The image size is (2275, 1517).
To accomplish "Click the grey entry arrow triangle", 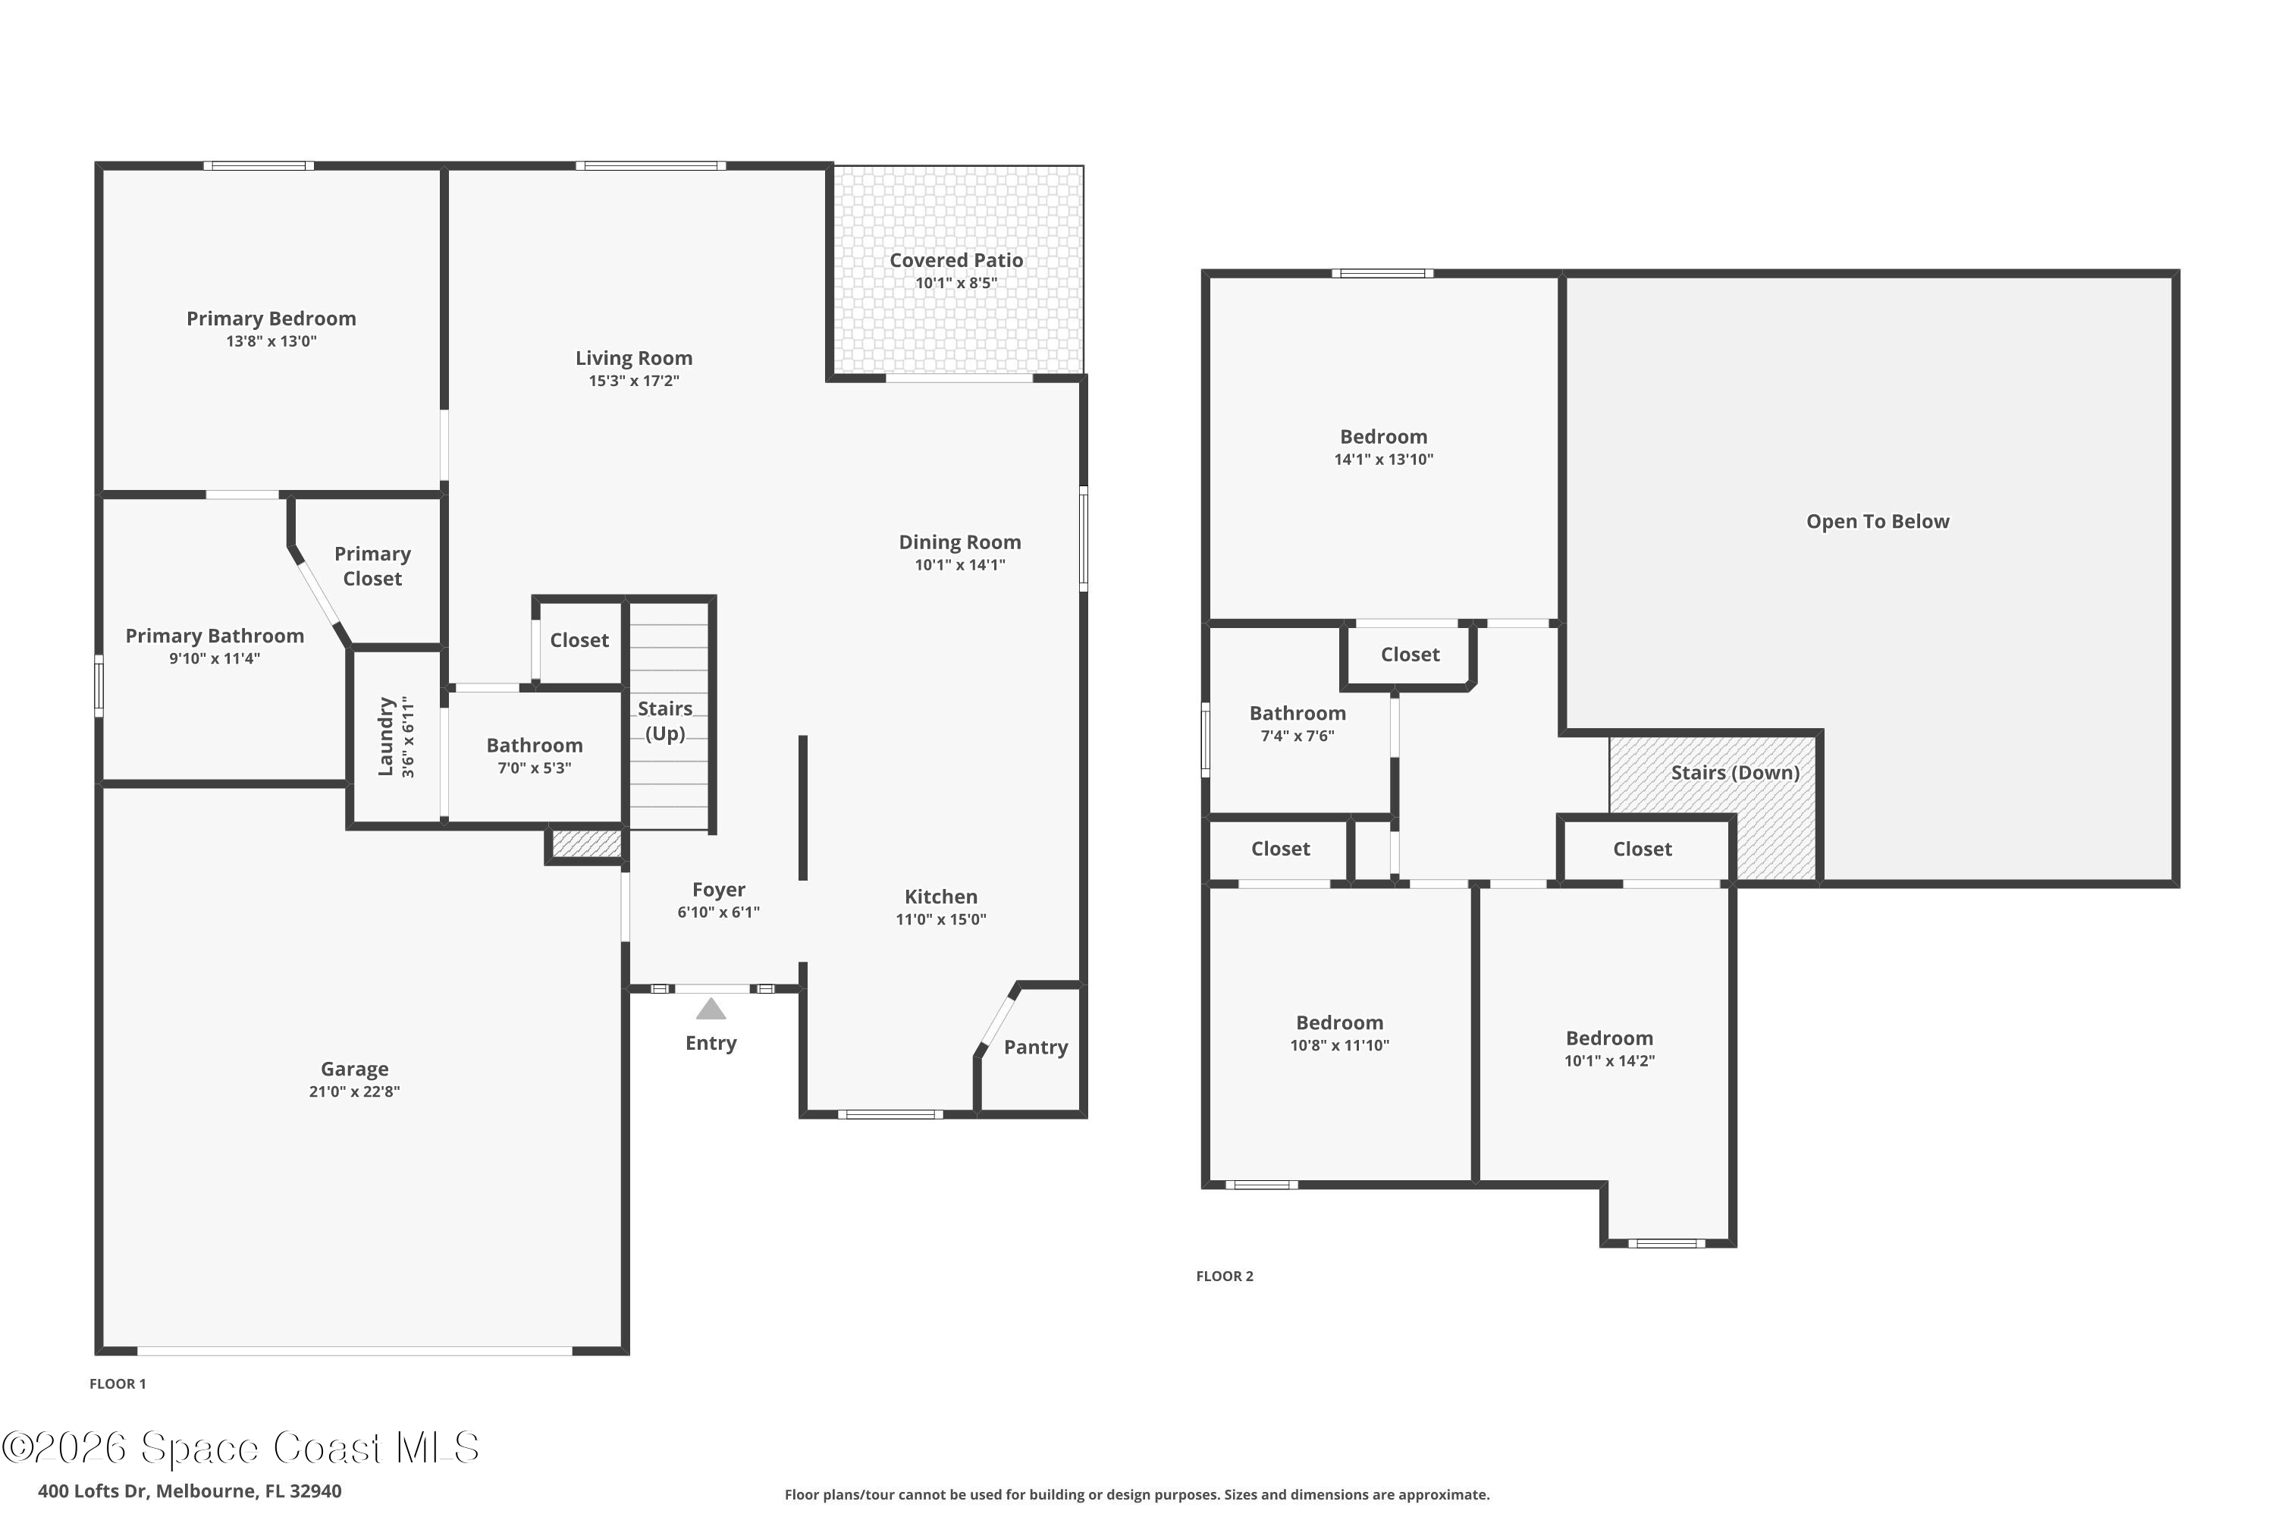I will [x=711, y=1009].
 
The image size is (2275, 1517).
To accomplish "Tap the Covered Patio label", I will [x=955, y=260].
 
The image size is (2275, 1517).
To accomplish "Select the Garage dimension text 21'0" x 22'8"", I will [x=354, y=1091].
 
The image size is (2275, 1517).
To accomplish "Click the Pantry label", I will [x=1035, y=1047].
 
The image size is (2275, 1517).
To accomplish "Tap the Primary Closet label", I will [x=372, y=566].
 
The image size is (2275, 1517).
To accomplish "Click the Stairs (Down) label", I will [x=1734, y=772].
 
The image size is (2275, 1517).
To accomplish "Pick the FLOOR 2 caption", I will [x=1224, y=1276].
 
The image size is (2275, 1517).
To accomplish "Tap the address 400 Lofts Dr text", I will [x=190, y=1491].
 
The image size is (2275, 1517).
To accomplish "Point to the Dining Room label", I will [x=959, y=543].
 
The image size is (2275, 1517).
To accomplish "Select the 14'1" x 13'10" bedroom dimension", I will [x=1383, y=460].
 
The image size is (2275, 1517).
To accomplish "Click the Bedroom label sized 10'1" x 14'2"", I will [x=1608, y=1038].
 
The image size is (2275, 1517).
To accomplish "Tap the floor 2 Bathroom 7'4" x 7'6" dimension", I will [x=1297, y=735].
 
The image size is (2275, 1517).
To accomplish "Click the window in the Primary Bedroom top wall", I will [x=259, y=166].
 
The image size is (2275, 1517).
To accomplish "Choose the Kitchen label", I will [x=940, y=897].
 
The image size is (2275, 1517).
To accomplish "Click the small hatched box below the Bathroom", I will [x=586, y=843].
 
